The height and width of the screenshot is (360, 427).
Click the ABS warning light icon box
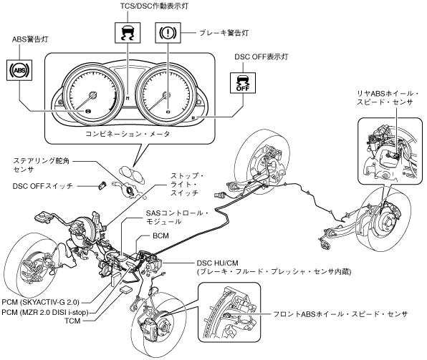(19, 70)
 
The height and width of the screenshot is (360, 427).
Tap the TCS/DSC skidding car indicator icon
(128, 33)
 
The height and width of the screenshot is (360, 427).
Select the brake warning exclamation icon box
(168, 33)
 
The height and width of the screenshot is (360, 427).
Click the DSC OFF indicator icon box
(243, 83)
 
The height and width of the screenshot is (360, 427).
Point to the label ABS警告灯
(30, 39)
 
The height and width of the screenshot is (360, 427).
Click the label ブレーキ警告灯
(224, 33)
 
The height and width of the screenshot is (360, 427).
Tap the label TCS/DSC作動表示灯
(155, 6)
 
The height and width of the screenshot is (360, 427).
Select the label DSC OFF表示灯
(262, 57)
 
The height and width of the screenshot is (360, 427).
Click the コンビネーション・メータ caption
(128, 134)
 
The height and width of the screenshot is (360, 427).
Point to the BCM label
(160, 235)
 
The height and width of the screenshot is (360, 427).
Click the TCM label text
(72, 321)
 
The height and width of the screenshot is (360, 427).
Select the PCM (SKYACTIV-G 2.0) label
(40, 302)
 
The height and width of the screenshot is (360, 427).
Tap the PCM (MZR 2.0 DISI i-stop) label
(45, 312)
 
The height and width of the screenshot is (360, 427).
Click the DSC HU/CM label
(217, 263)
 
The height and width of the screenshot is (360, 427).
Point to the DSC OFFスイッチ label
(43, 186)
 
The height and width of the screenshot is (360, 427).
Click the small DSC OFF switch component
(102, 185)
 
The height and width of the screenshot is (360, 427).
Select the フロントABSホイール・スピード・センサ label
(340, 314)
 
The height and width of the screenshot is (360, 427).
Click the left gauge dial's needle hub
(93, 94)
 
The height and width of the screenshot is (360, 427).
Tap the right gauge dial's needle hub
(165, 95)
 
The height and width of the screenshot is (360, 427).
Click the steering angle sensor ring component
(128, 190)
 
